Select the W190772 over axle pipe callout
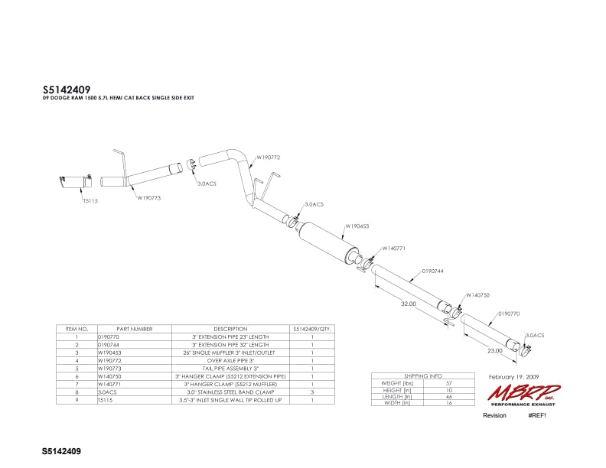[268, 158]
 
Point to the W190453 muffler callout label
[358, 226]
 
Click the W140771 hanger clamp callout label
[394, 247]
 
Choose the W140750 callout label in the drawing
[478, 294]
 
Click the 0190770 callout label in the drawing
[509, 314]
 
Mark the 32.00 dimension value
[408, 304]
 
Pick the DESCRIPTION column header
[230, 329]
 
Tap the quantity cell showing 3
[313, 392]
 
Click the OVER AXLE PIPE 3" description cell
[230, 359]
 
